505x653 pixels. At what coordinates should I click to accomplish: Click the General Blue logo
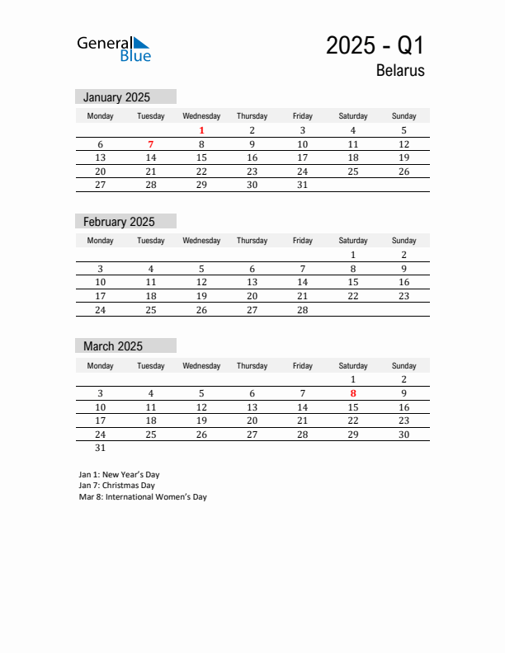coord(114,49)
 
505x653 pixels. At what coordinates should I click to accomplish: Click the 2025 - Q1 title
coord(375,45)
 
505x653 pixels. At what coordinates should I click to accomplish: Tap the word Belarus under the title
coord(400,71)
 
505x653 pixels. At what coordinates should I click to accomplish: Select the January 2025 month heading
coord(116,97)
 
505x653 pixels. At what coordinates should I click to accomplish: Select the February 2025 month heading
coord(119,222)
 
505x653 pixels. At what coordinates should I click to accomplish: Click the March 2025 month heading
coord(113,346)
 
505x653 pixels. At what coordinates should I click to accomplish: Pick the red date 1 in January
coord(201,130)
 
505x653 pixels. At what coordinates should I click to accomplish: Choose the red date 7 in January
coord(151,144)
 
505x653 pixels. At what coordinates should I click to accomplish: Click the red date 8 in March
coord(353,393)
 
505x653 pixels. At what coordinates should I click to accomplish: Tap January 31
coord(302,185)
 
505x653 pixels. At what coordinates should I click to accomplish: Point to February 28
coord(302,310)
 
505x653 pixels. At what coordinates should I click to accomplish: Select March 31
coord(101,449)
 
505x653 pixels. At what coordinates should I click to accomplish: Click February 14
coord(302,282)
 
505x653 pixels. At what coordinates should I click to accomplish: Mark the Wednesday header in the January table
coord(201,116)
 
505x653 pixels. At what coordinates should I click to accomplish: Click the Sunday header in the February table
coord(404,241)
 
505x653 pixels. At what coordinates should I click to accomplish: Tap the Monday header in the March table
coord(101,365)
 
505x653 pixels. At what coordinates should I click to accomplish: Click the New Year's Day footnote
coord(119,475)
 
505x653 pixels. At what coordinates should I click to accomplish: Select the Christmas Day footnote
coord(116,486)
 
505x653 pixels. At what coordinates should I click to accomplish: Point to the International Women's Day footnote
coord(143,497)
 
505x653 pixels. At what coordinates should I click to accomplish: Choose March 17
coord(101,420)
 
